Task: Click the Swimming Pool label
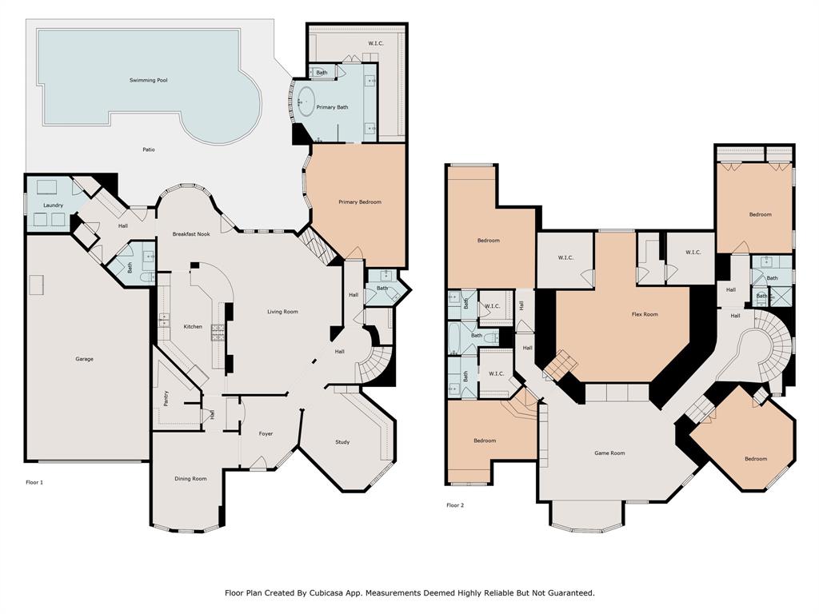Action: tap(148, 81)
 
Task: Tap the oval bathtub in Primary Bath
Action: tap(306, 101)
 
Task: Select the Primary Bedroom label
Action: tap(360, 202)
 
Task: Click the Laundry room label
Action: tap(54, 205)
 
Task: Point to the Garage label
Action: tap(85, 359)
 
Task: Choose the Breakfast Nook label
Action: tap(191, 234)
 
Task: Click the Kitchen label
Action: tap(193, 327)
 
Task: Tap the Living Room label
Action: tap(282, 312)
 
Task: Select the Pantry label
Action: tap(166, 398)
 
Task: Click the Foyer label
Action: tap(266, 433)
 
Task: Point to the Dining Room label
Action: tap(190, 479)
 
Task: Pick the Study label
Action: tap(342, 442)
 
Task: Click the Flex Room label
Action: tap(645, 314)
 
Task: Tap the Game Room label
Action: tap(609, 453)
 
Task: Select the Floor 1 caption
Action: tap(34, 482)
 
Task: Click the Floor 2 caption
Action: tap(455, 505)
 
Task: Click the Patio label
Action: tap(149, 150)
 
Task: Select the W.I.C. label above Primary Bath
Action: tap(376, 43)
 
